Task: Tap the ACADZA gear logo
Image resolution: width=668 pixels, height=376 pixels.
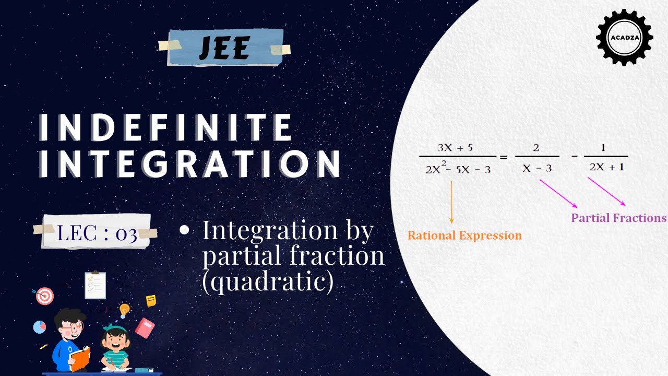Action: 624,37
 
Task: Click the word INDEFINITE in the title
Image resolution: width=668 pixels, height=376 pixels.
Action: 166,127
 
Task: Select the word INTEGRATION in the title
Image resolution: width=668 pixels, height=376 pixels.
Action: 190,164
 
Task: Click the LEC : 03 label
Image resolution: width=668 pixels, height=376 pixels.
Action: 97,232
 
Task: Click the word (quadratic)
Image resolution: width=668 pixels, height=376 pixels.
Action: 267,282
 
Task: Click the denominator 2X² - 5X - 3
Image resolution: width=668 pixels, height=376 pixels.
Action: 458,169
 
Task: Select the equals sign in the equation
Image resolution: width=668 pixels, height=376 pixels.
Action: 504,157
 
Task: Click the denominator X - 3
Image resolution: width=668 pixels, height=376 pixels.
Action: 537,168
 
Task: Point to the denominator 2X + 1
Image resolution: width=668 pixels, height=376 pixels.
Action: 606,168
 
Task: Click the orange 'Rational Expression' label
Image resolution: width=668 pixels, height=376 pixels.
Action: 464,236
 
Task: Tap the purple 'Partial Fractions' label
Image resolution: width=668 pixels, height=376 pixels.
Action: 618,218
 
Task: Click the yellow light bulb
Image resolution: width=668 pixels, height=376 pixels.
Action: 124,310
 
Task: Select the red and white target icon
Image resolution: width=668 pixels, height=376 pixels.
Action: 45,296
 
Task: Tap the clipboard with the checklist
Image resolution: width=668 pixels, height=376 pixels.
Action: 95,285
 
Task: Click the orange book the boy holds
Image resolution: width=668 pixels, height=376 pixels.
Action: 79,359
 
